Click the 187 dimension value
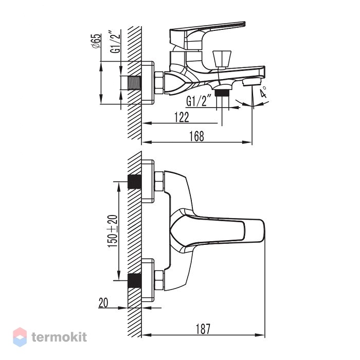[x=203, y=329]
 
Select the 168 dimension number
[x=196, y=136]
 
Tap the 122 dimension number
[x=182, y=117]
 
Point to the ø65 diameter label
[x=96, y=41]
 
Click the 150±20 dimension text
[x=113, y=231]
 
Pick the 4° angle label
[x=263, y=92]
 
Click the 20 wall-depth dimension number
[x=103, y=302]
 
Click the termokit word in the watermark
[x=59, y=337]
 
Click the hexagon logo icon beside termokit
[x=20, y=337]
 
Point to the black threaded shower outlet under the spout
[x=222, y=93]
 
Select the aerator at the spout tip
[x=253, y=81]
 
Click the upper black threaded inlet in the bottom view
[x=135, y=182]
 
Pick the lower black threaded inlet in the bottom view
[x=135, y=281]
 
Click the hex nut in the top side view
[x=158, y=83]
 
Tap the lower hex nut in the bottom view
[x=159, y=281]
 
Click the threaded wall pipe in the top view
[x=134, y=83]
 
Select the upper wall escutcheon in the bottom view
[x=148, y=182]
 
